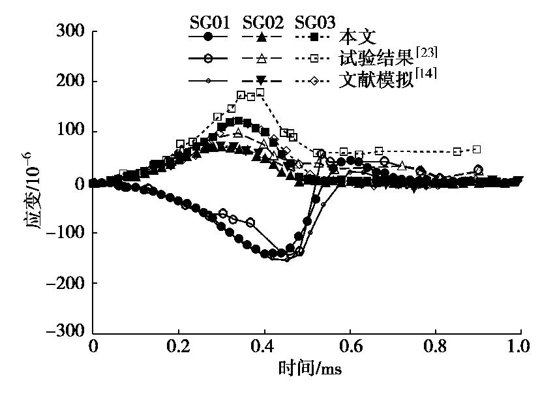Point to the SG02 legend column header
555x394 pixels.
click(x=262, y=23)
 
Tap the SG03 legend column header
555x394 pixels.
click(x=315, y=23)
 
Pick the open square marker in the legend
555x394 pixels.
click(x=314, y=59)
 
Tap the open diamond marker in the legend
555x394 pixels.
click(x=314, y=80)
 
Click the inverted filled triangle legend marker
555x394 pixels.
click(x=261, y=80)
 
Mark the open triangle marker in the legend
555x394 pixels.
click(x=261, y=59)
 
